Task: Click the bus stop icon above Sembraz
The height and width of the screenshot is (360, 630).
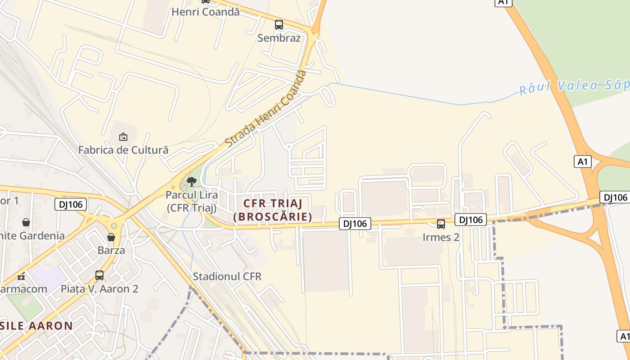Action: point(279,25)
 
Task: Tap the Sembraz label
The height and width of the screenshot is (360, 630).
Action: point(279,38)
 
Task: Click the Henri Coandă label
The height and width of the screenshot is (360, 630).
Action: point(205,12)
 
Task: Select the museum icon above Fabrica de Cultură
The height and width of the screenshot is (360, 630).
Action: point(123,136)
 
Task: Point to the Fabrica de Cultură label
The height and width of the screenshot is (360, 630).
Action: point(123,150)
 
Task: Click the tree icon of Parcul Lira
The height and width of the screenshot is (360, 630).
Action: point(192,182)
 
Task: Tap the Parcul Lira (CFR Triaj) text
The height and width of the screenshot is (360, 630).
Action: point(192,201)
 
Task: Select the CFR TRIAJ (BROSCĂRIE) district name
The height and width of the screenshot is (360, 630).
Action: point(273,210)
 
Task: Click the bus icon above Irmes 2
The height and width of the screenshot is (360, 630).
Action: point(441,224)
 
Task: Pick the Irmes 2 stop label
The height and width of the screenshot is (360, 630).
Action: point(441,237)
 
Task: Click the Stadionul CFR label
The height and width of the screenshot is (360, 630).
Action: point(227,276)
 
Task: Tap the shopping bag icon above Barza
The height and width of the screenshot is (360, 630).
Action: point(111,237)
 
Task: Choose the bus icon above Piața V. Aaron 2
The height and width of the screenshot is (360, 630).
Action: point(99,275)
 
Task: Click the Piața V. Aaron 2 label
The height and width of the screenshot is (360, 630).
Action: point(99,288)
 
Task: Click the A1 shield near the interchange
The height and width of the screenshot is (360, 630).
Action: point(582,162)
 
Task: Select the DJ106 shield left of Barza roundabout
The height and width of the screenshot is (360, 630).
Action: point(71,204)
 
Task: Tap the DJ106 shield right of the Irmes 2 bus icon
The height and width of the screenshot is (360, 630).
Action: point(471,220)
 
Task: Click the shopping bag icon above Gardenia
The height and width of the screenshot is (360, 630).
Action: point(26,222)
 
